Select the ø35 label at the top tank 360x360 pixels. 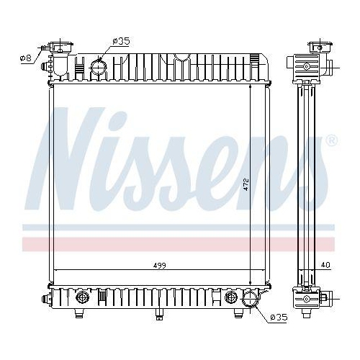click(121, 42)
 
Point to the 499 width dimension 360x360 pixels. click(159, 266)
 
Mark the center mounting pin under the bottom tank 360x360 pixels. click(158, 313)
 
